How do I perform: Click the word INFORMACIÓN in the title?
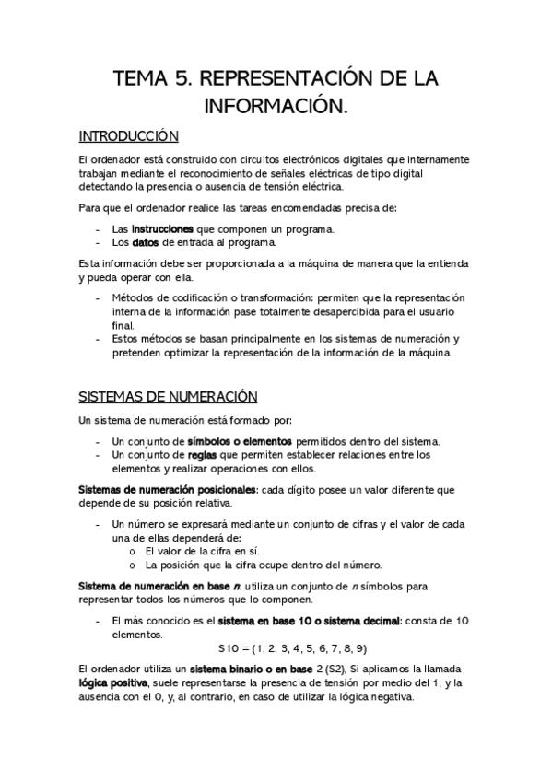point(276,109)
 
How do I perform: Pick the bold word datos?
point(146,243)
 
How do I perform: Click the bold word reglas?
point(203,454)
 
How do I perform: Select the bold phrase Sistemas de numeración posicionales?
point(168,491)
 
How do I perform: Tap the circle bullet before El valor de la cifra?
point(135,551)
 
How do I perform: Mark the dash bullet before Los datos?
point(99,243)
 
